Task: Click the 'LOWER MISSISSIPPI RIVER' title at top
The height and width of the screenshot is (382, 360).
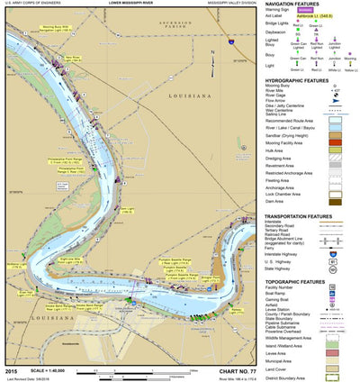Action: click(x=133, y=4)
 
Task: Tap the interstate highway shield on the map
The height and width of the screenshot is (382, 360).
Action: click(x=230, y=41)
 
